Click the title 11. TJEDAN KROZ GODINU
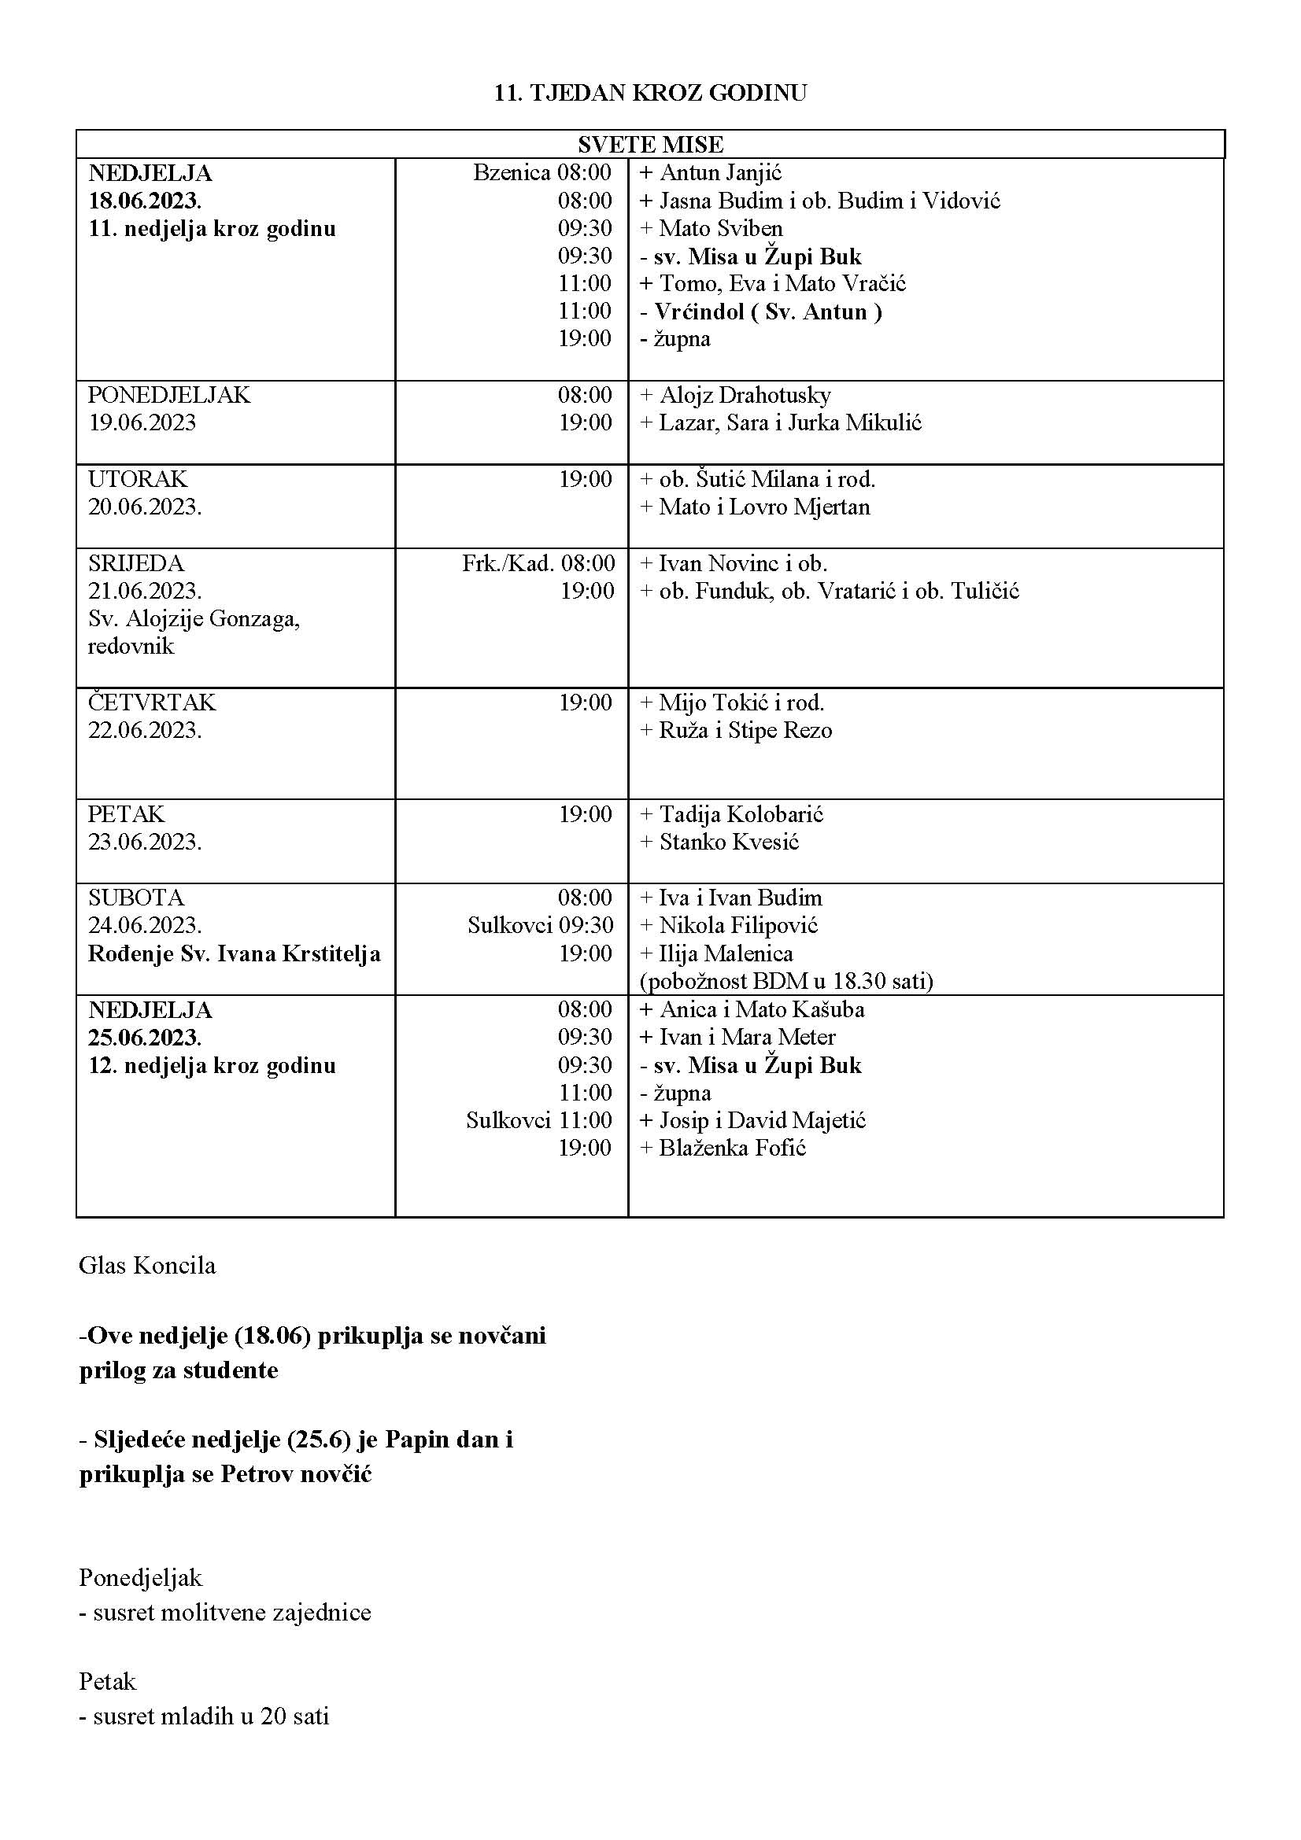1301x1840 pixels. click(650, 93)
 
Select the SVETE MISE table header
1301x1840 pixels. click(650, 144)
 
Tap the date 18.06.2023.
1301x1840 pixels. click(145, 201)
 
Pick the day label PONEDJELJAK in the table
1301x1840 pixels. click(169, 395)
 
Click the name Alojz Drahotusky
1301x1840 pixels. click(745, 395)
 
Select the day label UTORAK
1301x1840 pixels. click(138, 479)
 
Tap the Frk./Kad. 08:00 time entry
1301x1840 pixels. click(538, 563)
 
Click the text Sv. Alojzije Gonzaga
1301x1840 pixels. click(194, 618)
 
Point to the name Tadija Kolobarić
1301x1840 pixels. click(741, 814)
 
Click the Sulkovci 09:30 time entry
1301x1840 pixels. click(540, 926)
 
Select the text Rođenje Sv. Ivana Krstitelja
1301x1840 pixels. click(234, 953)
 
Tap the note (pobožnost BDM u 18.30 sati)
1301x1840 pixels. click(786, 981)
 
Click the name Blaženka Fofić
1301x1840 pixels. click(732, 1148)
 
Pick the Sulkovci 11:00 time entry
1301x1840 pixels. click(538, 1120)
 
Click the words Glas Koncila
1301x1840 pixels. click(147, 1266)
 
